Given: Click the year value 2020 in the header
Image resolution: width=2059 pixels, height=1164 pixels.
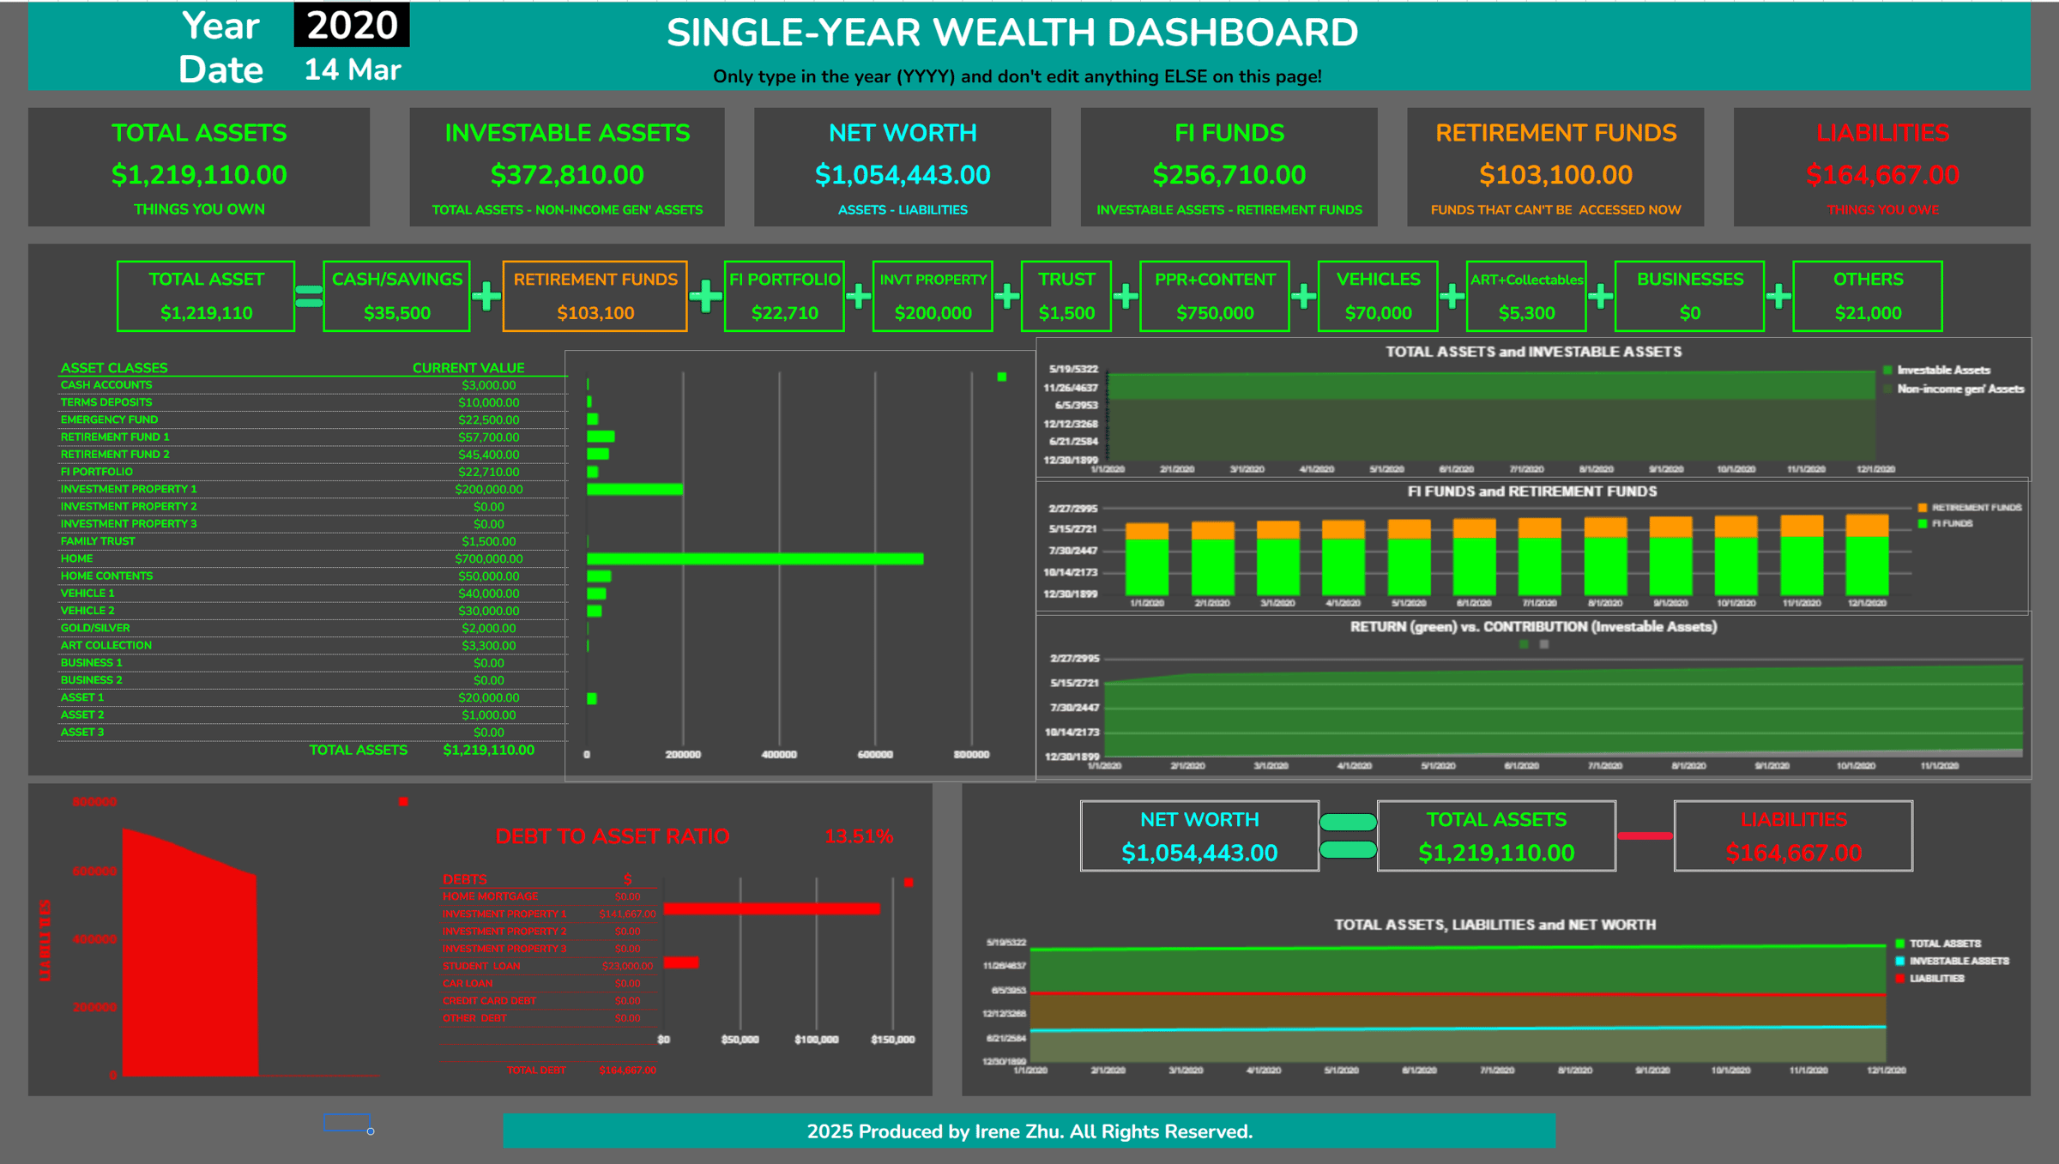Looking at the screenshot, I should tap(352, 26).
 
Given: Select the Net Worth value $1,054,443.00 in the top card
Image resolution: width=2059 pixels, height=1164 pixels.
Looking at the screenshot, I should tap(903, 175).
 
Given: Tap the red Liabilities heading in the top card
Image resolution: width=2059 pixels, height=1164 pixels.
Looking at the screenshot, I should tap(1882, 133).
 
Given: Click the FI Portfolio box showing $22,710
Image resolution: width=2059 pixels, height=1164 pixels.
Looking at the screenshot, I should tap(784, 296).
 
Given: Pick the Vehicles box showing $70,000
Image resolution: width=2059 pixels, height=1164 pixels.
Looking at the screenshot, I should tap(1378, 296).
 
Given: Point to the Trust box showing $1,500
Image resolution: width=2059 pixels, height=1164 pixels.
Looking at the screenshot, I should tap(1066, 296).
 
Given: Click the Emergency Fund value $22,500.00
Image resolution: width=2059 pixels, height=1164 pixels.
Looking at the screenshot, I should tap(488, 419).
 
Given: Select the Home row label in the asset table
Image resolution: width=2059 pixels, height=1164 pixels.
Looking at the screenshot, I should tap(76, 558).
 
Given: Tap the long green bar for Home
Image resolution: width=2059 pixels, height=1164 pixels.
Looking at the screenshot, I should tap(755, 559).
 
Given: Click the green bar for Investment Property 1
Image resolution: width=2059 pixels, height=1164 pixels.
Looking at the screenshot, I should tap(635, 490).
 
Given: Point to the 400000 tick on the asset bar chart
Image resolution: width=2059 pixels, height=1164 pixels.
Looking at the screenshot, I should tap(779, 755).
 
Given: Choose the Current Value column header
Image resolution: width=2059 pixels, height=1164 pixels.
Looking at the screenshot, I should tap(468, 368).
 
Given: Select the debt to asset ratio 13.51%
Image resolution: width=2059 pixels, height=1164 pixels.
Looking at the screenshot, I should tap(858, 836).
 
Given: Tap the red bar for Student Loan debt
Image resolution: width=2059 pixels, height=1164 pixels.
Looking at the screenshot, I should tap(681, 962).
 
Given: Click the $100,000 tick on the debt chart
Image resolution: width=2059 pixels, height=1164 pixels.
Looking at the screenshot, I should tap(816, 1040).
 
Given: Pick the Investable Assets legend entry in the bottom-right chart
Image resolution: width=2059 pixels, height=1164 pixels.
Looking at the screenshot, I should tap(1959, 961).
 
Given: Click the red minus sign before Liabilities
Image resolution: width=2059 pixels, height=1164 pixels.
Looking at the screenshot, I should tap(1644, 836).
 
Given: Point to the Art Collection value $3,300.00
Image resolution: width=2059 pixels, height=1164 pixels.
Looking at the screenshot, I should tap(488, 646).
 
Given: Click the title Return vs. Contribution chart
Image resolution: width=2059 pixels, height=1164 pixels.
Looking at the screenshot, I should tap(1533, 627).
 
